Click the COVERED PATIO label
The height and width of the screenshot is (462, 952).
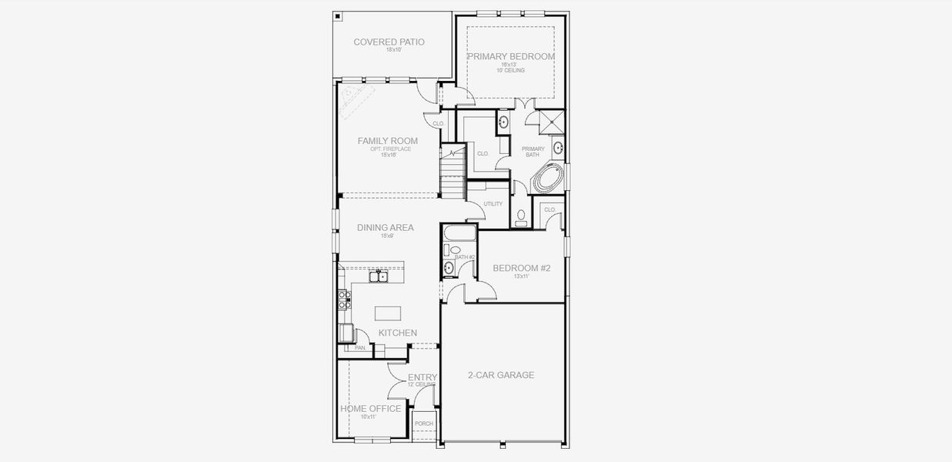click(389, 42)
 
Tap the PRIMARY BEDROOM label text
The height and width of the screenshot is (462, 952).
click(511, 56)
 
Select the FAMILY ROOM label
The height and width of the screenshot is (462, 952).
click(388, 141)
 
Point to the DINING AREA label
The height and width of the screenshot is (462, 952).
click(385, 228)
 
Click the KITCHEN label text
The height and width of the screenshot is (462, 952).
click(397, 333)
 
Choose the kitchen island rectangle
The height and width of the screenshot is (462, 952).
click(388, 313)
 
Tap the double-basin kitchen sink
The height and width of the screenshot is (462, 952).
click(377, 276)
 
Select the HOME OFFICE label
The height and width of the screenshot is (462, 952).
click(371, 409)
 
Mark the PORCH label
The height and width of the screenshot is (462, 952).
click(423, 423)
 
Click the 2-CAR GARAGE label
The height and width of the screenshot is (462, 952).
click(501, 376)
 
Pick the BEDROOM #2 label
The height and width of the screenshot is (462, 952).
click(521, 268)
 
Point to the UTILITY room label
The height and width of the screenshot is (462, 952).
click(493, 204)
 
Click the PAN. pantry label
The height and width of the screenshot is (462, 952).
click(360, 348)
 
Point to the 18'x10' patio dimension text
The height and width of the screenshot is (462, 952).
click(389, 50)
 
